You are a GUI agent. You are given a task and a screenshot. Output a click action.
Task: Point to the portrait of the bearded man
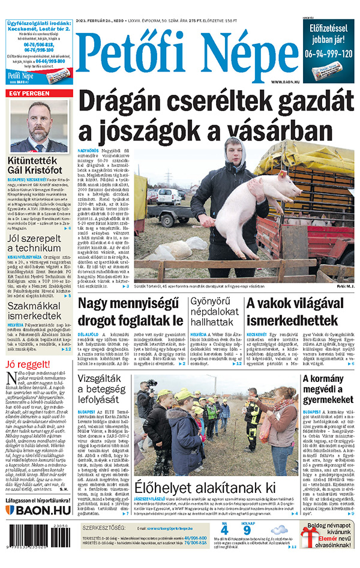coord(40,125)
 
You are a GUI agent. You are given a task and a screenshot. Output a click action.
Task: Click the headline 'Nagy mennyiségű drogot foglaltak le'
coord(130,312)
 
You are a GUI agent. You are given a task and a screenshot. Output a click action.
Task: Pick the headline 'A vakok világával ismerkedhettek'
coord(300,312)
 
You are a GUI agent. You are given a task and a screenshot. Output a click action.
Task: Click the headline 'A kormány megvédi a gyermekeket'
coord(327,391)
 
